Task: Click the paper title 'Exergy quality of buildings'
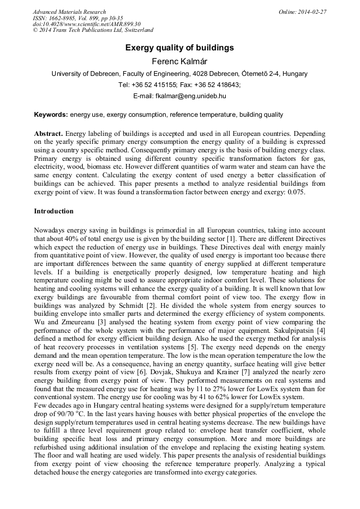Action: pyautogui.click(x=179, y=48)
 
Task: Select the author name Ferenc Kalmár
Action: pyautogui.click(x=179, y=62)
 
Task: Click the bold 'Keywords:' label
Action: pyautogui.click(x=51, y=114)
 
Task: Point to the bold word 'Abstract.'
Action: pyautogui.click(x=48, y=133)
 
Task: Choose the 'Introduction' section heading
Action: pyautogui.click(x=54, y=211)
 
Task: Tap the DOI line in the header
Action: pyautogui.click(x=86, y=24)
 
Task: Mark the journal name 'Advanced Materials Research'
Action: pyautogui.click(x=69, y=12)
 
